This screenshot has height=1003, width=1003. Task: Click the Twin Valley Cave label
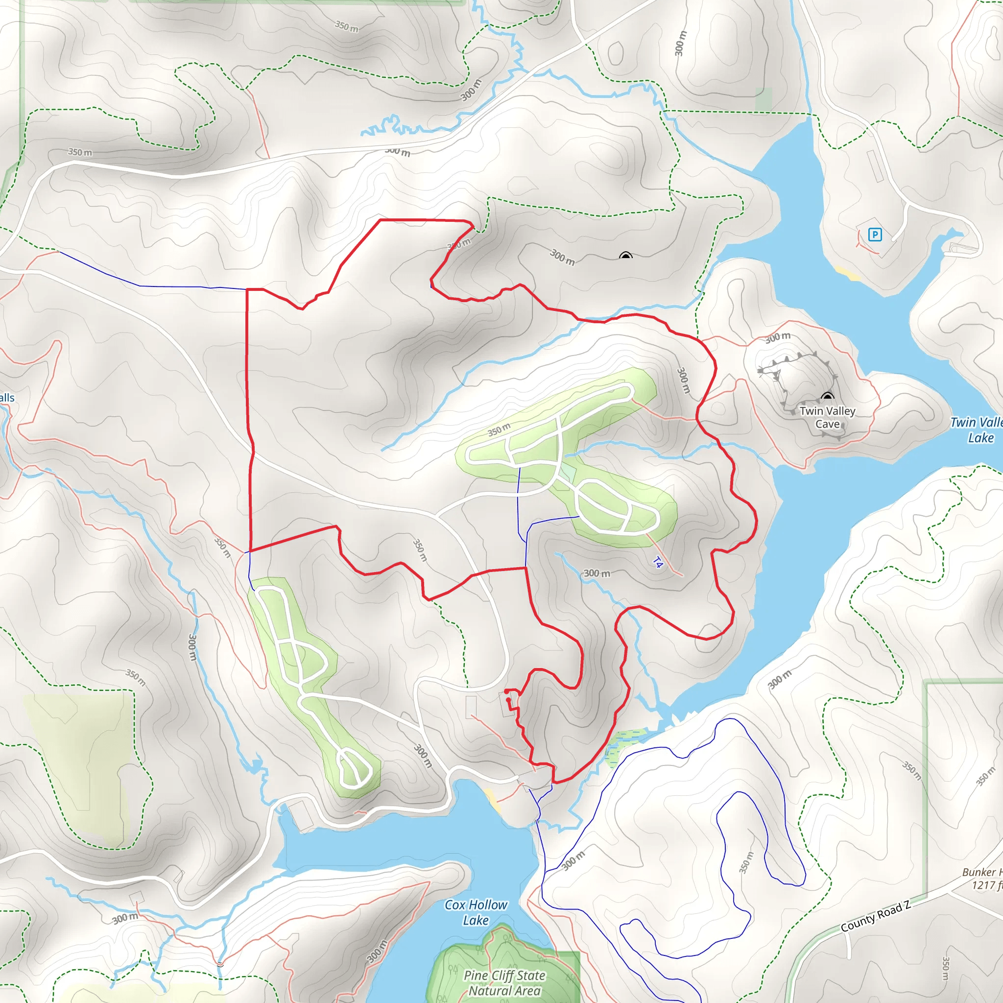coord(827,417)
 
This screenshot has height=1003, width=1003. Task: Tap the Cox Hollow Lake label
coord(476,912)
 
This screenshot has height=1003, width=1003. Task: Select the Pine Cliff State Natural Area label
coord(504,983)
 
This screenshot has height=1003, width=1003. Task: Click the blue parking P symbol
coord(875,235)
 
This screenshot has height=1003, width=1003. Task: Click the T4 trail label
coord(657,562)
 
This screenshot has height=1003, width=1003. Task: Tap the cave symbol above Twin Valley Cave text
coord(827,397)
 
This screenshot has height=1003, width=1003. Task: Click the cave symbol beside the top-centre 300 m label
coord(625,256)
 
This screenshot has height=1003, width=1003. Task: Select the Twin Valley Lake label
coord(976,430)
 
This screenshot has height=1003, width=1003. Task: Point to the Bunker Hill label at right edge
coord(981,872)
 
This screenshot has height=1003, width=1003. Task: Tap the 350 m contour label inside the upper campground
coord(499,430)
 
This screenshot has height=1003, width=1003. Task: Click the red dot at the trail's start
coord(507,691)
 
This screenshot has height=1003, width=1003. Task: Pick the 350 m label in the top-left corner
coord(80,152)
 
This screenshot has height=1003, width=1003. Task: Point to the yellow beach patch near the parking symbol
coord(847,273)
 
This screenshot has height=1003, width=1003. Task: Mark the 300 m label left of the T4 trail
coord(597,573)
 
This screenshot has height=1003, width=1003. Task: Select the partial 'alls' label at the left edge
coord(7,398)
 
